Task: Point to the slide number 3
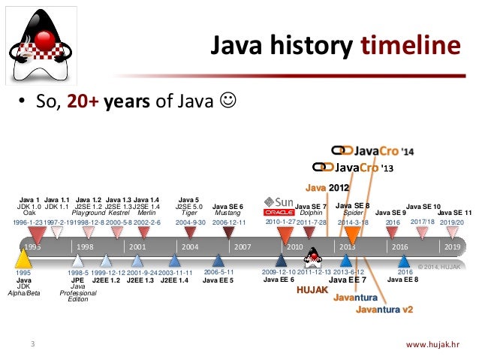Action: [x=32, y=345]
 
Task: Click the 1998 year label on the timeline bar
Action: [x=84, y=247]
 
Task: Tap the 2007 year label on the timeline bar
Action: [x=242, y=247]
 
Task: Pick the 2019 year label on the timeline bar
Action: [x=452, y=247]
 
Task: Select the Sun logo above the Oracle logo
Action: [x=279, y=202]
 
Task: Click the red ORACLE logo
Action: [x=278, y=213]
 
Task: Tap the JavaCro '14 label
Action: [x=373, y=150]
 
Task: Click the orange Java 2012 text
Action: [x=327, y=186]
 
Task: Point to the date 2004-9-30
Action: [x=191, y=223]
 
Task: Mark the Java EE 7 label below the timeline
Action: [x=348, y=280]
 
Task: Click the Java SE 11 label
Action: [x=454, y=213]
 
